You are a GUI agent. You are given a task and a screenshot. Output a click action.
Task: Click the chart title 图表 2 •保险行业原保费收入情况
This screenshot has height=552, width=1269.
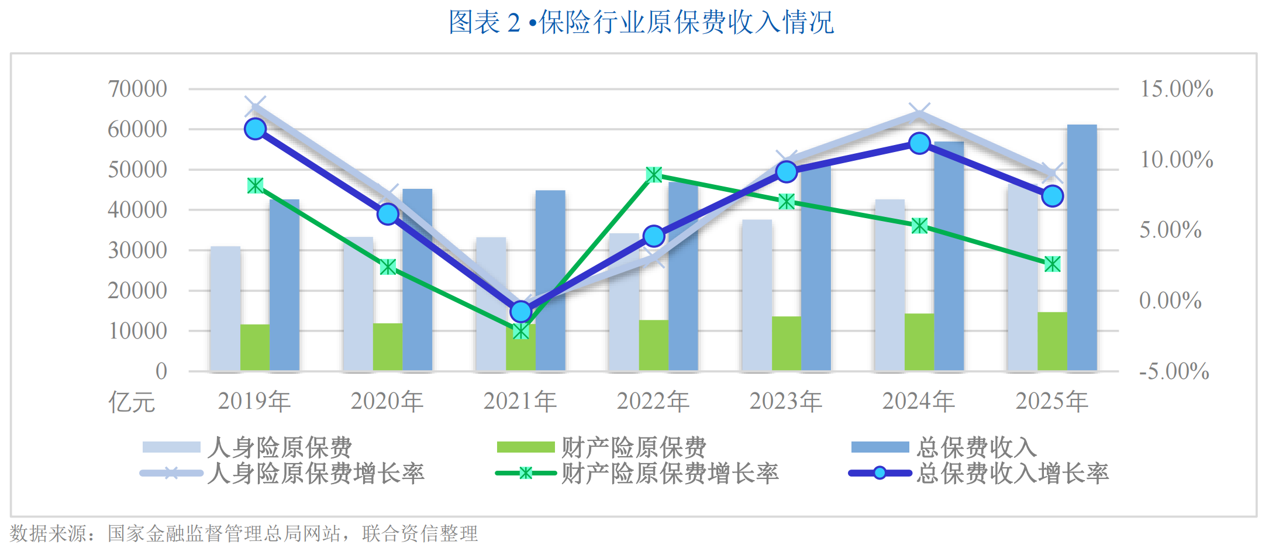coord(641,22)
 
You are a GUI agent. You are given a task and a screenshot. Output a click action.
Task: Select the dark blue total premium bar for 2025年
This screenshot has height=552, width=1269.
coord(1082,248)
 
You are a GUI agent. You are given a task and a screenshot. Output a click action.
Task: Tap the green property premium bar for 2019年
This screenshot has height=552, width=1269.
coord(255,348)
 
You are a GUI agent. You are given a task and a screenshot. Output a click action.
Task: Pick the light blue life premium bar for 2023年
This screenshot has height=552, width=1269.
coord(757,296)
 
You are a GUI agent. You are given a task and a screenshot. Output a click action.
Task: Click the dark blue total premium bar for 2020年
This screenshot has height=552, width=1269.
coord(418,280)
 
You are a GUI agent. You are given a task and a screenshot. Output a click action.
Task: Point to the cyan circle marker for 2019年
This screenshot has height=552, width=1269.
coord(256,129)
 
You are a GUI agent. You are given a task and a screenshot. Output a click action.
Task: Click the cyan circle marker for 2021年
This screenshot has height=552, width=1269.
coord(521,312)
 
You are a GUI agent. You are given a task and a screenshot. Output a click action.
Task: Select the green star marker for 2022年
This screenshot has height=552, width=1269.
coord(654,175)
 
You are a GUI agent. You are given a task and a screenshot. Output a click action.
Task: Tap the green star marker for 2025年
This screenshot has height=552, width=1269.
coord(1053,264)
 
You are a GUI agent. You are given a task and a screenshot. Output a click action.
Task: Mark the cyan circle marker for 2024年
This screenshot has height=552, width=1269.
coord(920,143)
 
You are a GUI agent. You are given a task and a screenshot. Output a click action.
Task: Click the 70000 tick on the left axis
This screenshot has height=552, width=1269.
coord(137,89)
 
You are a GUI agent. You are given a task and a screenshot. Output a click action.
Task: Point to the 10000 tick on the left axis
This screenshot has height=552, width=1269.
coord(137,331)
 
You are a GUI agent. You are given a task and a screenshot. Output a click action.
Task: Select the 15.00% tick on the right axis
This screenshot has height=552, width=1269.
coord(1177,89)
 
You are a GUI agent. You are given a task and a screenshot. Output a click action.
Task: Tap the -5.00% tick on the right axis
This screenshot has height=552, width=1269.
coord(1174,371)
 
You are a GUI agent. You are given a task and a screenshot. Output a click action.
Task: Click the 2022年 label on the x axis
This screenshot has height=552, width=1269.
coord(653,401)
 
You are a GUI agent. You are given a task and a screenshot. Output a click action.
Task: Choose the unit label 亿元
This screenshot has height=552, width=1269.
coord(132,402)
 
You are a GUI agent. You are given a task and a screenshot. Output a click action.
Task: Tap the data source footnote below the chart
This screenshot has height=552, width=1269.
coord(244,533)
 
